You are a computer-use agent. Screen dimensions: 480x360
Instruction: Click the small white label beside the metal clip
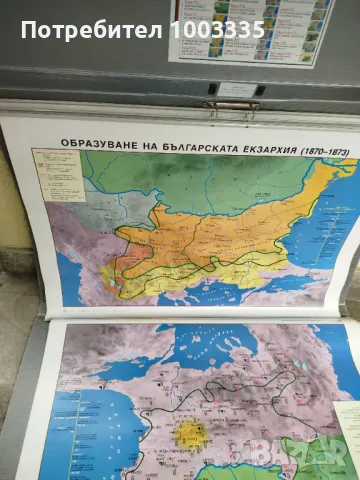pyautogui.click(x=239, y=89)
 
